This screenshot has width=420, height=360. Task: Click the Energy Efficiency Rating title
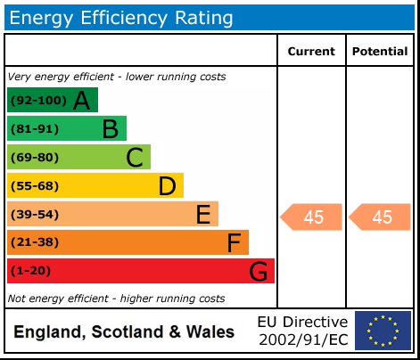(121, 17)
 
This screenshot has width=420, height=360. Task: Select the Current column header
(311, 52)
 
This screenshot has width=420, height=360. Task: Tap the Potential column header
(379, 52)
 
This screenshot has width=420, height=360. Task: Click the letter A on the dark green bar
(81, 101)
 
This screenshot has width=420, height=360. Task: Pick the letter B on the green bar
(110, 129)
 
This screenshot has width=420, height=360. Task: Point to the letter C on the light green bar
(135, 158)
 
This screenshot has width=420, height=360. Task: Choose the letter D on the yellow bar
(167, 186)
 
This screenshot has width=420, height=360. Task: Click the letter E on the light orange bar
(203, 215)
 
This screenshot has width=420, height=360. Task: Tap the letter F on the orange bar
(234, 242)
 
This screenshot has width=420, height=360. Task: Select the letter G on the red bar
(258, 271)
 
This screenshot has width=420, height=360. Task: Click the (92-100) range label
(38, 101)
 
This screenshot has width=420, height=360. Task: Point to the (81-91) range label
(35, 129)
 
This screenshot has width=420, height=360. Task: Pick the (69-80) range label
(35, 158)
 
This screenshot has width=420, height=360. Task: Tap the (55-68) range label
(35, 186)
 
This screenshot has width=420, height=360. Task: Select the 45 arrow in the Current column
(312, 217)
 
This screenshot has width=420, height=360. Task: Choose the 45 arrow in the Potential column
(381, 217)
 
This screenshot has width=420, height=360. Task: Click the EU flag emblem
(383, 331)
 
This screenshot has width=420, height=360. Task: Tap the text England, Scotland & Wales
(124, 332)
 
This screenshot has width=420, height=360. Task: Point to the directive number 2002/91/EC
(302, 340)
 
